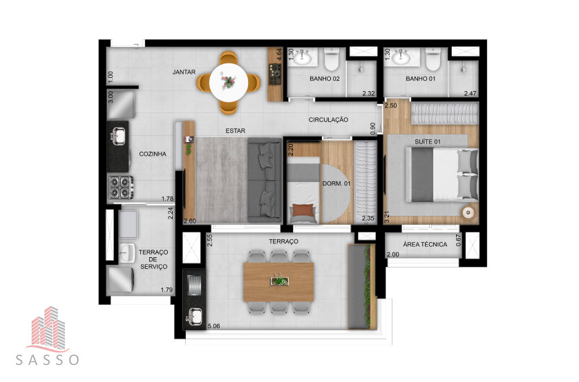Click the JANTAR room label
point(184,72)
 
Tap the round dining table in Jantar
point(229,83)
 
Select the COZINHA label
point(153,154)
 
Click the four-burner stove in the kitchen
point(120,188)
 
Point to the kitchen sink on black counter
point(118,135)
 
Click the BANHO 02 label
point(325,79)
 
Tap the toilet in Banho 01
point(433,59)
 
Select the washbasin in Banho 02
point(303,57)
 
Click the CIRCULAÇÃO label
point(328,120)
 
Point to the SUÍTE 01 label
point(428,142)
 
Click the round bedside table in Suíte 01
point(468,212)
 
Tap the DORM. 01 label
point(336,183)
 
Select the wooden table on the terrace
point(278,282)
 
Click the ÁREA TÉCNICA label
point(425,244)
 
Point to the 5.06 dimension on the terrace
point(213,326)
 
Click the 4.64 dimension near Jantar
point(279,54)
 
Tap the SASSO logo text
point(47,359)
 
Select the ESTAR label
point(235,131)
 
